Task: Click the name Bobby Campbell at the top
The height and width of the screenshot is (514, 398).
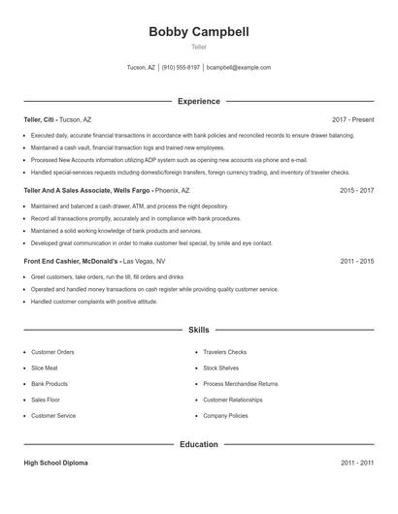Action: tap(199, 32)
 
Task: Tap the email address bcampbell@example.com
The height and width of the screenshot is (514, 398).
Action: tap(238, 68)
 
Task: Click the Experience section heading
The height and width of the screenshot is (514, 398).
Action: tap(199, 101)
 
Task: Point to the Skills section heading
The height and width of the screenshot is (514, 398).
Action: tap(199, 330)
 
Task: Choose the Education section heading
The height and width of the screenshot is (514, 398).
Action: tap(199, 444)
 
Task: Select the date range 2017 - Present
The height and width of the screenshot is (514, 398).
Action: tap(352, 119)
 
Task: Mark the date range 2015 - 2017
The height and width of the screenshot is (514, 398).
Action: tap(356, 191)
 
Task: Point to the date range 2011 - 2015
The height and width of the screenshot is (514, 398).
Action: tap(356, 262)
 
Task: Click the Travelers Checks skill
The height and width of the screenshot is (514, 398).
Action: tap(225, 352)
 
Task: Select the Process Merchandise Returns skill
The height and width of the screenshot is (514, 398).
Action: tap(240, 384)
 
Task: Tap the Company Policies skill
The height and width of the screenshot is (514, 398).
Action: tap(225, 416)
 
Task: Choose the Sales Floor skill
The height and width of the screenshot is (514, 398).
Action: tap(46, 400)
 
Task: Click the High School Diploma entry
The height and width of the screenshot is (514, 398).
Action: tap(55, 464)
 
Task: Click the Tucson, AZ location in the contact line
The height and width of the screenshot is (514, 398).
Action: tap(141, 68)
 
